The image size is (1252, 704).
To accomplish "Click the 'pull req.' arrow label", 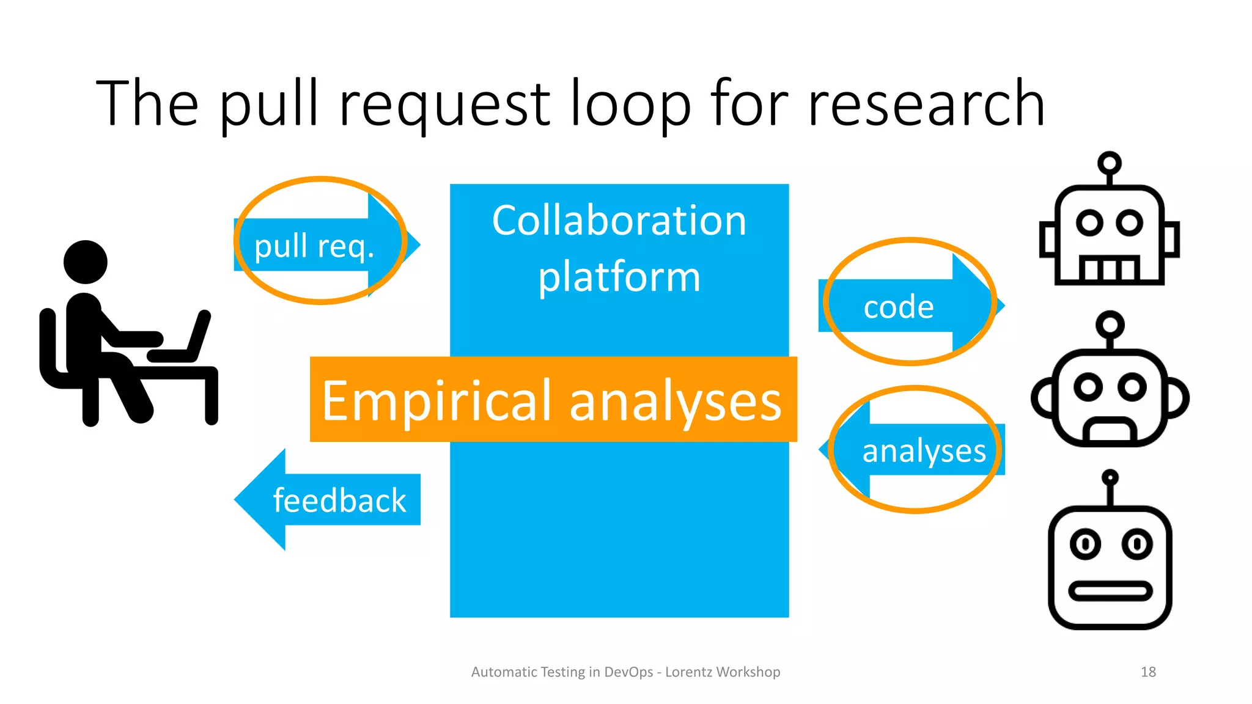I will point(314,246).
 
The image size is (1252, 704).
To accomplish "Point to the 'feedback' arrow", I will point(339,501).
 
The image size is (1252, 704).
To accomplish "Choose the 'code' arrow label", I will point(899,307).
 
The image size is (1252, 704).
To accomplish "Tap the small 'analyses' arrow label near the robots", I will point(924,451).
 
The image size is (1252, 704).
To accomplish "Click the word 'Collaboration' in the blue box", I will point(619,221).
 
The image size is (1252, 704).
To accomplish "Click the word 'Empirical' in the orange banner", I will point(435,401).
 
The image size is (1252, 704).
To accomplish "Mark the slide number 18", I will point(1148,672).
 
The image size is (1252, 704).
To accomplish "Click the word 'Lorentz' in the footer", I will point(688,672).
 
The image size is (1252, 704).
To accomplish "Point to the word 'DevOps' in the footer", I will point(628,672).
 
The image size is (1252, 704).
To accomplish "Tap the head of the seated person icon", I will point(86,262).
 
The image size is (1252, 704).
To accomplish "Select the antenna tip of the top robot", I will point(1109,163).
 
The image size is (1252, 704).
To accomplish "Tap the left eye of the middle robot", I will point(1088,387).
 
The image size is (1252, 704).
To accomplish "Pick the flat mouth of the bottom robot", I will point(1110,591).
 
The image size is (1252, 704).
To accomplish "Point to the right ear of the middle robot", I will point(1177,398).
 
